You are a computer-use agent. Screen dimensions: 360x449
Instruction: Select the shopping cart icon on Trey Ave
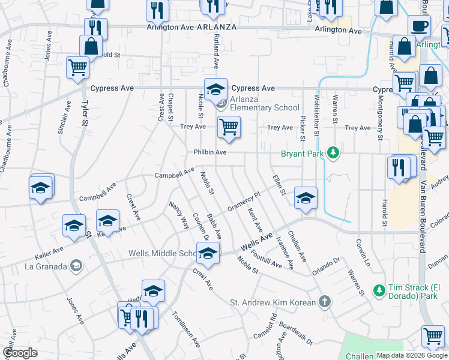pyautogui.click(x=228, y=128)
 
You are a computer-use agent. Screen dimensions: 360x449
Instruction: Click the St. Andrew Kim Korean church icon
pyautogui.click(x=324, y=302)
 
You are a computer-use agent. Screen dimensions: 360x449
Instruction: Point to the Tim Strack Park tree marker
pyautogui.click(x=379, y=290)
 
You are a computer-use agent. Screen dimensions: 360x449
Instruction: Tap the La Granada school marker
pyautogui.click(x=76, y=265)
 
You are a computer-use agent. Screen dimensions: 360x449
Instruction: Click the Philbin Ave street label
pyautogui.click(x=209, y=152)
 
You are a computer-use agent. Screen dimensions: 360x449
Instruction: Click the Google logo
pyautogui.click(x=20, y=352)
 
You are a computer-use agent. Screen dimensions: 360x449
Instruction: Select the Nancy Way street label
pyautogui.click(x=179, y=215)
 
